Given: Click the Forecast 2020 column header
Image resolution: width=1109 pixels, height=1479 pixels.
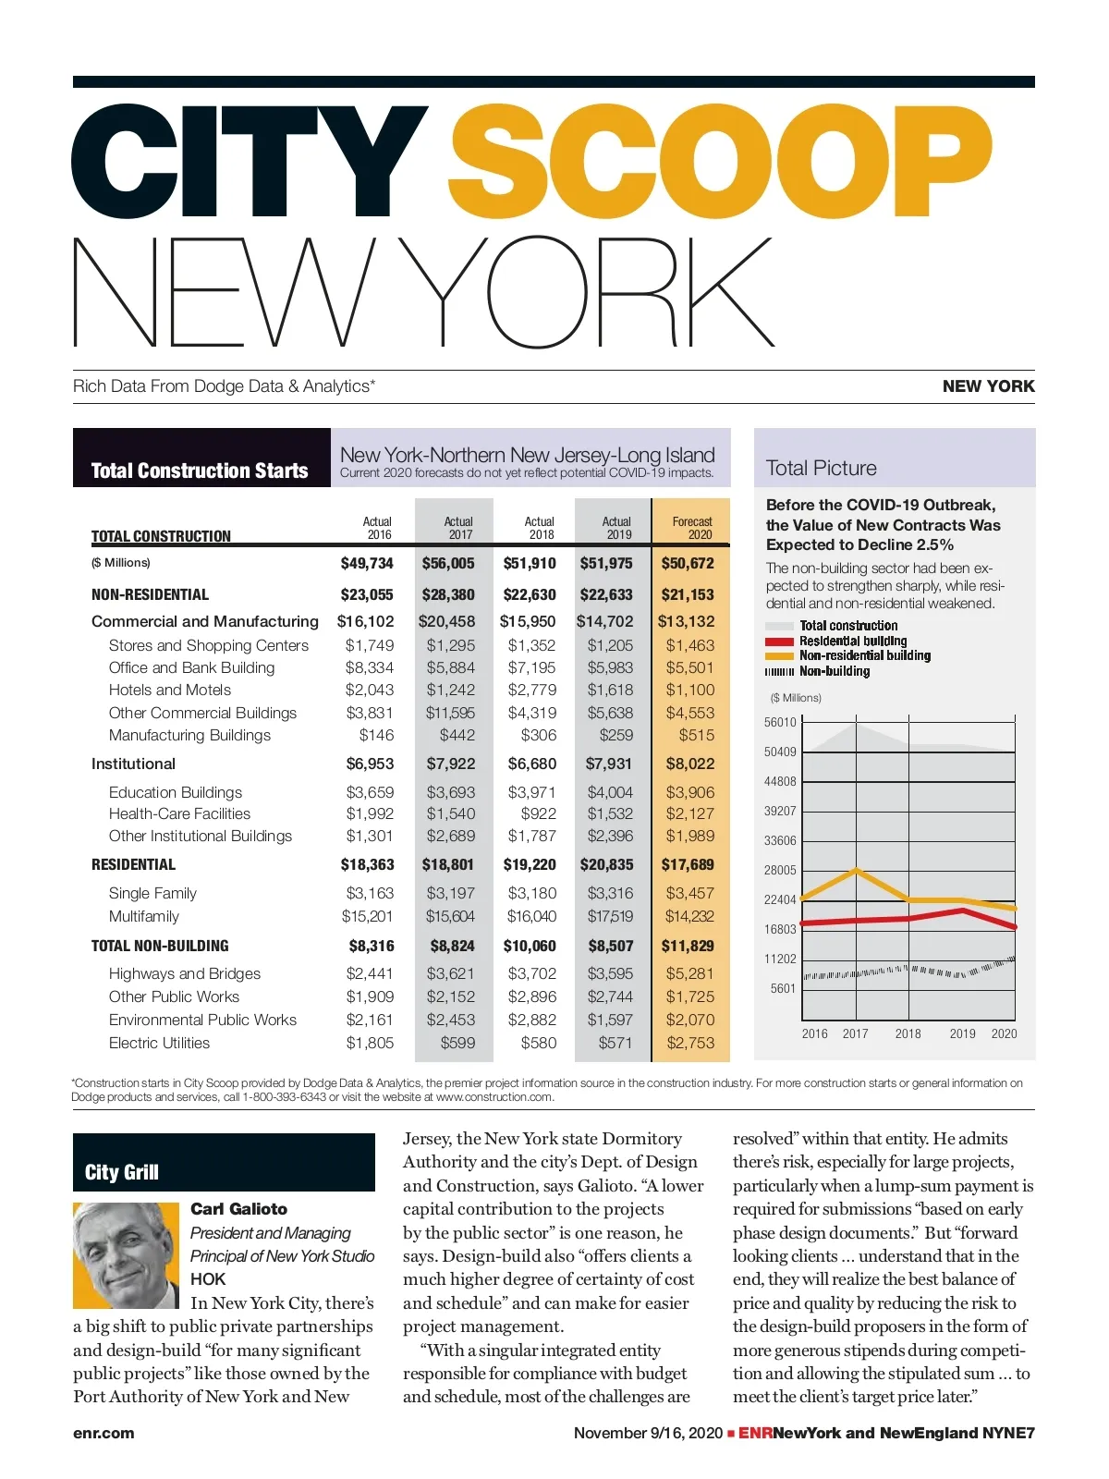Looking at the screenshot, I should (x=692, y=528).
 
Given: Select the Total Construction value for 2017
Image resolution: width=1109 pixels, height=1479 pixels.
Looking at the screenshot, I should (x=448, y=563).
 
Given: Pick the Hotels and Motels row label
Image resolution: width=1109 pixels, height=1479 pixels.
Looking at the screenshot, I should (x=170, y=690).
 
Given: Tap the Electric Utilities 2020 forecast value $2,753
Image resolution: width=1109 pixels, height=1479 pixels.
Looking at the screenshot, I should (x=690, y=1043).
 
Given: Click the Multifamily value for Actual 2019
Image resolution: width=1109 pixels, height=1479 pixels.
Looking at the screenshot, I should (x=610, y=916).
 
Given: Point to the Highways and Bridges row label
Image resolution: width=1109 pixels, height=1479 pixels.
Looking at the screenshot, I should (x=185, y=973).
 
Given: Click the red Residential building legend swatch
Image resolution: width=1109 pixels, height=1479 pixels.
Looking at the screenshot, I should (x=779, y=642).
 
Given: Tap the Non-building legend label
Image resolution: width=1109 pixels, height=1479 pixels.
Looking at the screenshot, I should (x=835, y=671).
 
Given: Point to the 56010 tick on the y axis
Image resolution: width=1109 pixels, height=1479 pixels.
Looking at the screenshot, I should (x=780, y=722).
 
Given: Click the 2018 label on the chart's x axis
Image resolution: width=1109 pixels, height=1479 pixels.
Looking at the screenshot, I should (x=908, y=1033).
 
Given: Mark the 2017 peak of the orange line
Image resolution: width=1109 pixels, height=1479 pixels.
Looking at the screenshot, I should (x=857, y=870).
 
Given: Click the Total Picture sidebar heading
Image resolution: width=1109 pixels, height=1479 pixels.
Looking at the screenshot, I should (x=821, y=468).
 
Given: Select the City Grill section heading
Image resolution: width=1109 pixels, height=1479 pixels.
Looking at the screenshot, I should (x=122, y=1172).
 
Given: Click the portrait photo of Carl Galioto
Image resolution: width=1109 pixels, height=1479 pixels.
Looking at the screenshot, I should (x=126, y=1254).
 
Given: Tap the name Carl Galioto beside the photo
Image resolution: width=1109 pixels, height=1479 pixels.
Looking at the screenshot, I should (x=238, y=1209).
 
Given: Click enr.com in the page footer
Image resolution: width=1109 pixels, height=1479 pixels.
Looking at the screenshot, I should (x=104, y=1433).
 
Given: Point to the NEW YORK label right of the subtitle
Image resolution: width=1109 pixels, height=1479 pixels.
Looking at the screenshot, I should (x=988, y=386).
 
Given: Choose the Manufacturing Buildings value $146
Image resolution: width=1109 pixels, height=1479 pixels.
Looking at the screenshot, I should (x=376, y=735).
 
